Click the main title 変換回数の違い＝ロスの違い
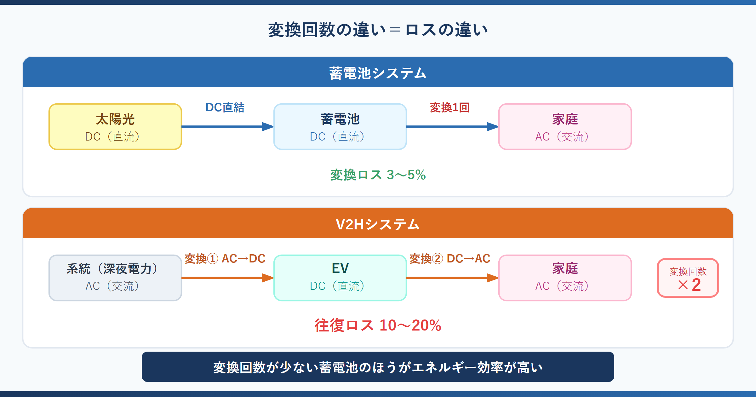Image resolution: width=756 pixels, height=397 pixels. point(378,30)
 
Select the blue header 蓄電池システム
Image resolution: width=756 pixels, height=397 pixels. point(378,73)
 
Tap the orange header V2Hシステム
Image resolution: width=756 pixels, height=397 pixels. point(378,224)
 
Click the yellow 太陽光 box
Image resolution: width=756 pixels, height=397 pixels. point(115,127)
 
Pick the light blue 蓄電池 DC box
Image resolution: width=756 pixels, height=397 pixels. point(340,127)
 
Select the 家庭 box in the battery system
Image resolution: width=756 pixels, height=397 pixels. point(565,127)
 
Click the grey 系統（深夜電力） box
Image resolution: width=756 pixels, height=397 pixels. point(115,278)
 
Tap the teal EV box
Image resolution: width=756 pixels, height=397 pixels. point(340,278)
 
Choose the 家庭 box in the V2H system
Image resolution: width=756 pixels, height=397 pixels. point(565,278)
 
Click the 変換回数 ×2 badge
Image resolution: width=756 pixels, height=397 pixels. point(688,278)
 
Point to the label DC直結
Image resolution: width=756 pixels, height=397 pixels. point(225,107)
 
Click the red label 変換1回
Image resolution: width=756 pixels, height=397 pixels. point(450,107)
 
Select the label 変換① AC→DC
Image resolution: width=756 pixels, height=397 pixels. point(225,259)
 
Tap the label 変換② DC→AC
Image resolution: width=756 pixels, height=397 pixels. point(450,259)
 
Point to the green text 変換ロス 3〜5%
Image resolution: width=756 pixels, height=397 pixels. point(378,175)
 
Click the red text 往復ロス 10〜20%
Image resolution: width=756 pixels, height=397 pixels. point(378,325)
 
